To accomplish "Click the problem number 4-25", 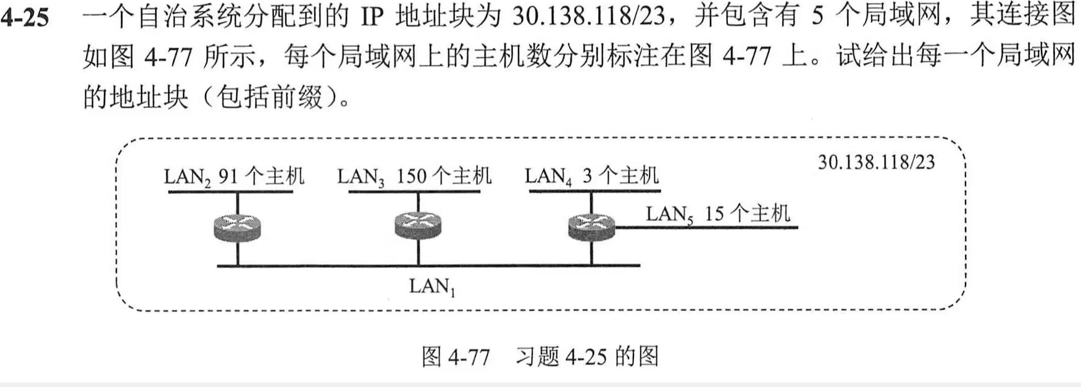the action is point(25,17).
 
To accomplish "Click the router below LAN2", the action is point(238,227).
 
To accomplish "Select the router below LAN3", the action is point(418,225).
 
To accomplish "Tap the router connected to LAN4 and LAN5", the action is point(591,227).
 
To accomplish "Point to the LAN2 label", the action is point(187,178).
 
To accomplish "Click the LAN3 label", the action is point(361,178).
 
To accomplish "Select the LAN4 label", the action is point(548,177).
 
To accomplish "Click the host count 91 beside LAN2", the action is point(228,177).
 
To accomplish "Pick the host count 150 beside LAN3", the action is point(412,177).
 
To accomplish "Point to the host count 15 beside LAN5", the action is point(714,214).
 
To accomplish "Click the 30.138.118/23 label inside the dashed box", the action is point(876,162).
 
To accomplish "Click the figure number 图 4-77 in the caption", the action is point(456,357).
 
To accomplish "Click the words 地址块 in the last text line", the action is point(149,97).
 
